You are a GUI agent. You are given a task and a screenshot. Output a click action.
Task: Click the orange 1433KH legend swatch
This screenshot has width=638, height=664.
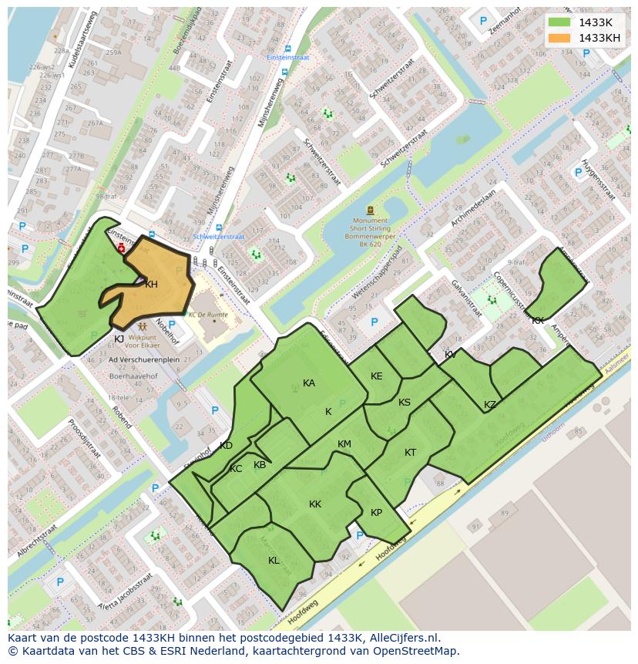(560, 38)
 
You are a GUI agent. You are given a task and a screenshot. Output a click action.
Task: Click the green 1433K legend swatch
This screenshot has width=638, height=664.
(560, 23)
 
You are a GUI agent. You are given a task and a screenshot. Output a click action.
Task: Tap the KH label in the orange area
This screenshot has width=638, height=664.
(151, 285)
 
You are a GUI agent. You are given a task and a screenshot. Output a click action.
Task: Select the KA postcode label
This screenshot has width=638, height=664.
(309, 383)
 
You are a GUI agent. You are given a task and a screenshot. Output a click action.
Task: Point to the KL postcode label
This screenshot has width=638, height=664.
(274, 561)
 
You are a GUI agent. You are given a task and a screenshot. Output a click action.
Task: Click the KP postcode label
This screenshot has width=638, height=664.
(376, 513)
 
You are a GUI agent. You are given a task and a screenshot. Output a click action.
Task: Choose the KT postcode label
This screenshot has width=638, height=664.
(410, 453)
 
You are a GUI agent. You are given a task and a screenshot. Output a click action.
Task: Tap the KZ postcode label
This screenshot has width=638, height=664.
(490, 405)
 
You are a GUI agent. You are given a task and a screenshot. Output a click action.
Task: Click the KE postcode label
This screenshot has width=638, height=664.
(377, 376)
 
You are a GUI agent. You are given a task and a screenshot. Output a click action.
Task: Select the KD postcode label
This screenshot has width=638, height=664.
(226, 446)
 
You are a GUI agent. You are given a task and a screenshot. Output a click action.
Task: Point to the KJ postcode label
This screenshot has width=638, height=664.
(119, 339)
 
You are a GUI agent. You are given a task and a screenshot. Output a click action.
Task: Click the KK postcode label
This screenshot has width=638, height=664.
(315, 504)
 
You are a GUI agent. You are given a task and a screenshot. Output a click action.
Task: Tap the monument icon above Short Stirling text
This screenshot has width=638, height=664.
(371, 209)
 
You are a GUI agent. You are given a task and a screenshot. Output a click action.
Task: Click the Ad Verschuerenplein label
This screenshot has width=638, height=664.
(144, 359)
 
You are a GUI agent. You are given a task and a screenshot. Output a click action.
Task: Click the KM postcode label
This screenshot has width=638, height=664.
(344, 444)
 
